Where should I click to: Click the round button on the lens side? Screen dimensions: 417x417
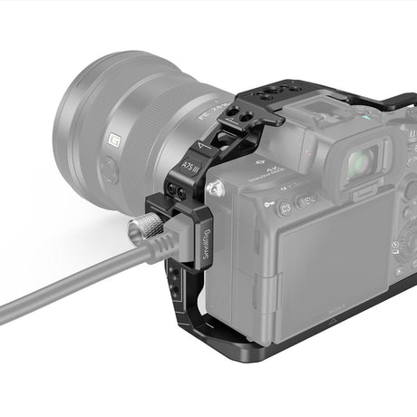[108, 170]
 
